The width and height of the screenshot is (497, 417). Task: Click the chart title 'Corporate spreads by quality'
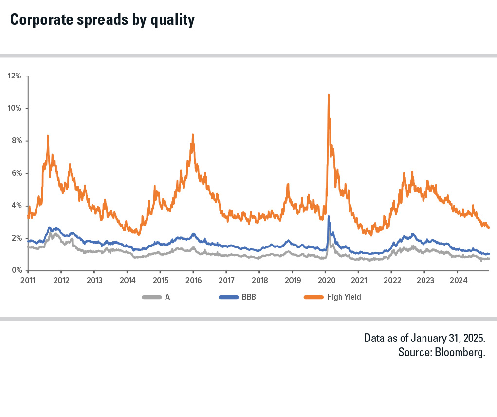(x=102, y=20)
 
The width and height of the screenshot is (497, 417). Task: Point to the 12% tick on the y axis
(x=14, y=76)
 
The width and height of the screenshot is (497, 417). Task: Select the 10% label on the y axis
(x=14, y=108)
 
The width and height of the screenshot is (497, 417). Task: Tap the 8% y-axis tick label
(x=16, y=141)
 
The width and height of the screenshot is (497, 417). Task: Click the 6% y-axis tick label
(x=16, y=173)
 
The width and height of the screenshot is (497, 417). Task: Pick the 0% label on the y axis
(x=16, y=270)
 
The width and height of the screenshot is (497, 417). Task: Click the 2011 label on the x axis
(x=28, y=280)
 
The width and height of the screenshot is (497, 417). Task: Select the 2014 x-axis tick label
(x=127, y=280)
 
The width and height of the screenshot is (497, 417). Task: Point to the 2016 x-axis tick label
(x=193, y=280)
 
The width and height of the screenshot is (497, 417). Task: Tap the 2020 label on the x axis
(x=325, y=280)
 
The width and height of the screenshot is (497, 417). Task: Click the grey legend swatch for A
(x=151, y=297)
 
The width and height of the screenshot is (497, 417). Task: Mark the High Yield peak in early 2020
(x=329, y=95)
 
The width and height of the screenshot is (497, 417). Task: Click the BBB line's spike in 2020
(x=329, y=216)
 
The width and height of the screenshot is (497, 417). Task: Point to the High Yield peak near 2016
(x=193, y=135)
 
